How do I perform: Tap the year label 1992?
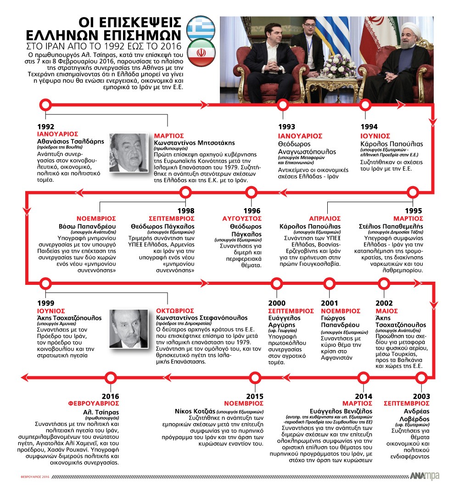pos(45,127)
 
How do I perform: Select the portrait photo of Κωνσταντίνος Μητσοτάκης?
pos(128,153)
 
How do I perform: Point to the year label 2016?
pos(111,396)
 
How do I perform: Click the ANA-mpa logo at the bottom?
pos(425,476)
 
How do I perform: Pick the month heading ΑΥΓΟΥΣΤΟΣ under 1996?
pos(242,218)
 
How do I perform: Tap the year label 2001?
pos(330,303)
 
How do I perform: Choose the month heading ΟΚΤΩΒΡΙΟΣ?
pos(174,311)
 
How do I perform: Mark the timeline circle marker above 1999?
pos(45,283)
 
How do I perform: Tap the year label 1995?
pos(414,210)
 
